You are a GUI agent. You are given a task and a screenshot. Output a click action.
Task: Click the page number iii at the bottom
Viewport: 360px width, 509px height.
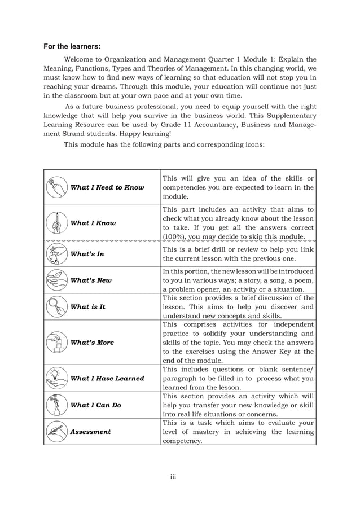coord(174,477)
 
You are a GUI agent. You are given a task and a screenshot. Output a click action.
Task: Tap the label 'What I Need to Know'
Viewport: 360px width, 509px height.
coord(107,187)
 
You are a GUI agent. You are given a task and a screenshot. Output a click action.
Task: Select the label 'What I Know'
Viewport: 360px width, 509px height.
coord(93,223)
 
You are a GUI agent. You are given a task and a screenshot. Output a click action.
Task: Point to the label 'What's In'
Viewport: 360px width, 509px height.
coord(87,254)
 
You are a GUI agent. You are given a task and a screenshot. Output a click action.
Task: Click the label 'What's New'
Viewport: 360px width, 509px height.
coord(91,280)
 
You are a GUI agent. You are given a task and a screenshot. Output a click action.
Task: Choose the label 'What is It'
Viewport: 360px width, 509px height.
coord(87,307)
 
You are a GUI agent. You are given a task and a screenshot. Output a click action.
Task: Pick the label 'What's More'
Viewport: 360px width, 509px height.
coord(92,343)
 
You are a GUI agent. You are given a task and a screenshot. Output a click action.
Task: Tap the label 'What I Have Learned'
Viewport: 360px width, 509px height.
coord(107,378)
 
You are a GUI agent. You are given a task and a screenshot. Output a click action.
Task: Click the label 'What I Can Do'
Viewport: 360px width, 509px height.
coord(95,405)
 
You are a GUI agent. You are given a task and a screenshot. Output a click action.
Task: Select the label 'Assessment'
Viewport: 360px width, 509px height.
coord(90,432)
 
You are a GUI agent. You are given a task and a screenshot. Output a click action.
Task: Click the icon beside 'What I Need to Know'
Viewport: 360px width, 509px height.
coord(56,187)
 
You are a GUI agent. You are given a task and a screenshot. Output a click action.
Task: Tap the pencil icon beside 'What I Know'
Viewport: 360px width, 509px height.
coord(56,223)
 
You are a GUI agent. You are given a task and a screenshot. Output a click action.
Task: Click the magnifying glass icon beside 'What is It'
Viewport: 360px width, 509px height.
coord(56,307)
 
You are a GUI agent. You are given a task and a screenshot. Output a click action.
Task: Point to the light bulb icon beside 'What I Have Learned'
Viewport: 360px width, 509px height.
coord(56,378)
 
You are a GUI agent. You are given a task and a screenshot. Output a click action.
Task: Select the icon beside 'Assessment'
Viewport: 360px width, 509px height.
coord(56,432)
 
